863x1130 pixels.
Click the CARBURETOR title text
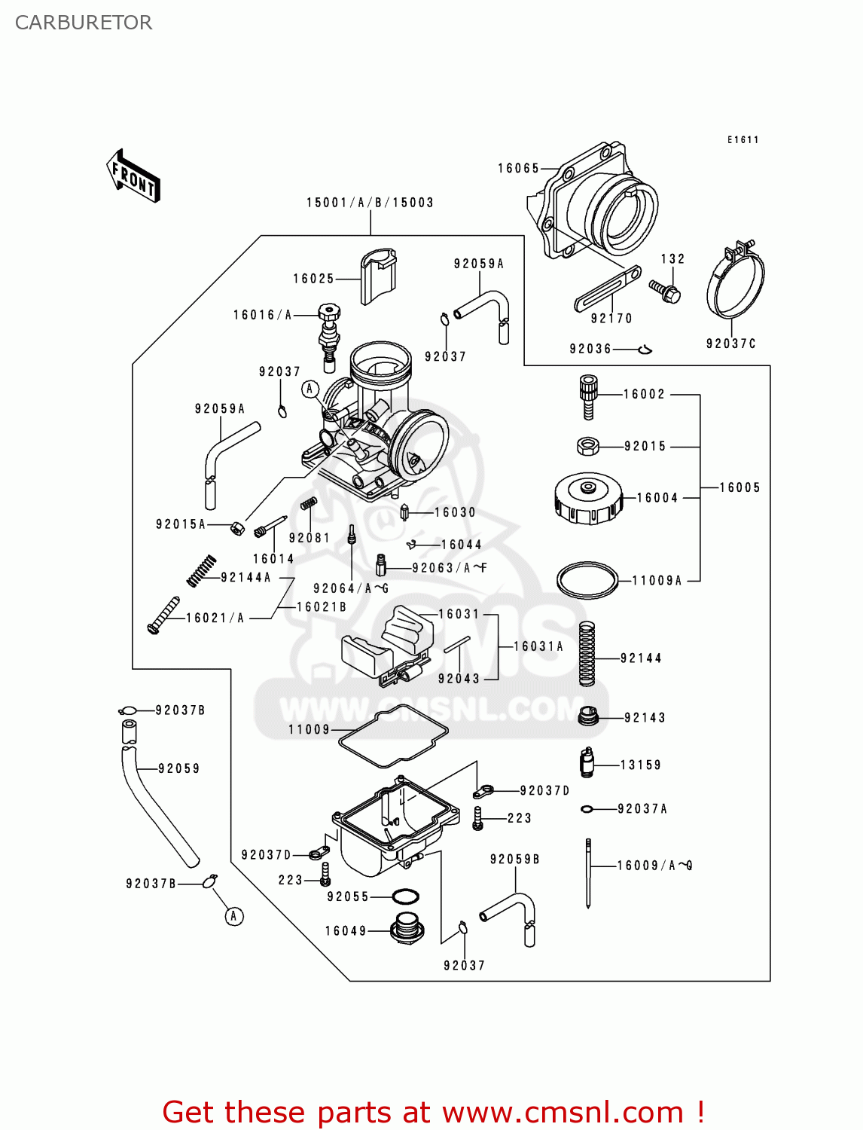tap(84, 23)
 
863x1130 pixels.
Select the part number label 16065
tap(518, 169)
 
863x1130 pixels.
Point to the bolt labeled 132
tap(665, 291)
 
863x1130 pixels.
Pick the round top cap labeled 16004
tap(589, 498)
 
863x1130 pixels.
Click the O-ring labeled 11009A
tap(587, 581)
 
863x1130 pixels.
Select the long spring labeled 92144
tap(587, 654)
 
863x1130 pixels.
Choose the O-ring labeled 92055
tap(406, 897)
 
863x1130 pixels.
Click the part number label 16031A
tap(538, 646)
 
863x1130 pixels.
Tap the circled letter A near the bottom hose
tap(234, 916)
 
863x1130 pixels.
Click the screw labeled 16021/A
tap(163, 615)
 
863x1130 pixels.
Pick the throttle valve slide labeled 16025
tap(378, 276)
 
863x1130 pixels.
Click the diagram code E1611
tap(743, 140)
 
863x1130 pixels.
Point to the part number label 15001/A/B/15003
tap(370, 203)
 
